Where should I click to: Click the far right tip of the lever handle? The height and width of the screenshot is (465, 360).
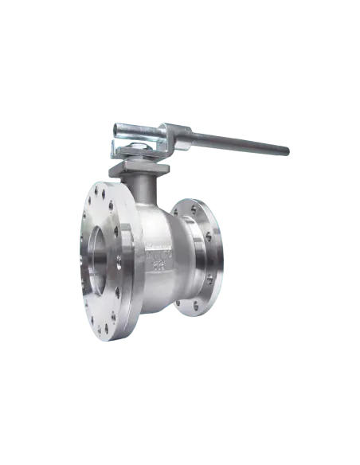click(291, 150)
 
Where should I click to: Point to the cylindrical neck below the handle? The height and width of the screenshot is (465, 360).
click(143, 188)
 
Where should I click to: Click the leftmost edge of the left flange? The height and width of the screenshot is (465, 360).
click(77, 263)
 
